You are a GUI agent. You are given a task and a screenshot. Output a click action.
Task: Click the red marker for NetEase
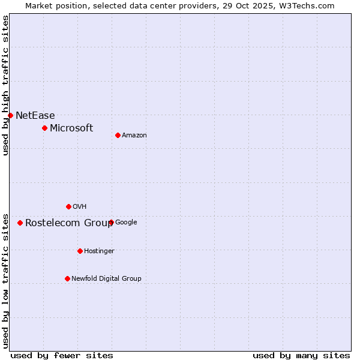[x=10, y=115]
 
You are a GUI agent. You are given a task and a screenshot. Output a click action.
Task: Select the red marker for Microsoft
[x=44, y=128]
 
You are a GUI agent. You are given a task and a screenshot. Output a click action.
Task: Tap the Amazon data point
[x=118, y=135]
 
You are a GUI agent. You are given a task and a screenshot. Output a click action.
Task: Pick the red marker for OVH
[x=68, y=206]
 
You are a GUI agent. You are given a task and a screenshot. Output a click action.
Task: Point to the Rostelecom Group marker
[x=20, y=223]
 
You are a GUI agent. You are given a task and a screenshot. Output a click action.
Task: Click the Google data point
[x=111, y=222]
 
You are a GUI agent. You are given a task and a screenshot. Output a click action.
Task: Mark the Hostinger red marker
[x=80, y=251]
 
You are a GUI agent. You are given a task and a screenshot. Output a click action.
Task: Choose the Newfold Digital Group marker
[x=67, y=278]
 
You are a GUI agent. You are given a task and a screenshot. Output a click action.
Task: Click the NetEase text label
[x=35, y=115]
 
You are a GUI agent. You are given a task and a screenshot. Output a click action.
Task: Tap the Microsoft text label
[x=71, y=128]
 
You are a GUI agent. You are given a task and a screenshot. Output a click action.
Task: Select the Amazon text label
[x=134, y=135]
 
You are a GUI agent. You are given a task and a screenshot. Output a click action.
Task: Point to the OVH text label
[x=80, y=206]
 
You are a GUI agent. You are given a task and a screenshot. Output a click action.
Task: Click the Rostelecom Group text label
[x=69, y=223]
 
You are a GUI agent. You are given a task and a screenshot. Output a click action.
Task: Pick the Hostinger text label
[x=99, y=251]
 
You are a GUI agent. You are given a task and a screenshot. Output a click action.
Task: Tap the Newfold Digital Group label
[x=106, y=278]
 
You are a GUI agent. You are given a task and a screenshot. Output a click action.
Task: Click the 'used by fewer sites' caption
[x=62, y=355]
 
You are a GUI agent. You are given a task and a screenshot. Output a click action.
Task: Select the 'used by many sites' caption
[x=301, y=355]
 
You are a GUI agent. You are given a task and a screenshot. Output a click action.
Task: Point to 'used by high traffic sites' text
[x=5, y=85]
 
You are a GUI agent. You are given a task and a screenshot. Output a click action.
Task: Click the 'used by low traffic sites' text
[x=5, y=280]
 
